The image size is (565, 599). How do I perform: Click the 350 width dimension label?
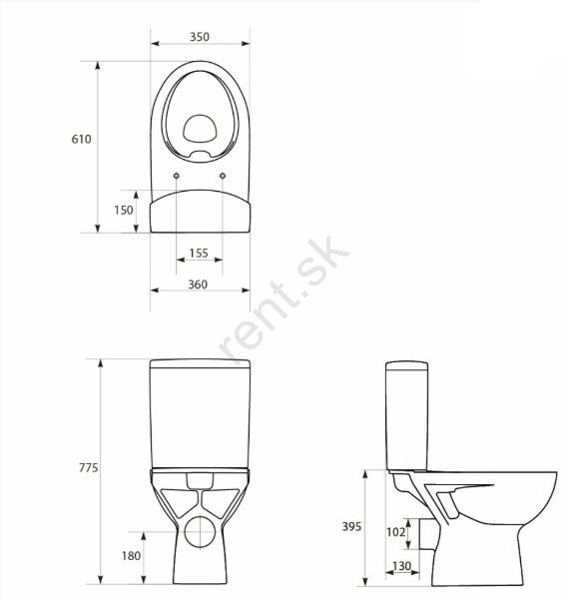tap(200, 37)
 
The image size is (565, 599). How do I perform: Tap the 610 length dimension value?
tap(82, 139)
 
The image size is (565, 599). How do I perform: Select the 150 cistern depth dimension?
tap(124, 210)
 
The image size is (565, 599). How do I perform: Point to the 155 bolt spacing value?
tap(199, 253)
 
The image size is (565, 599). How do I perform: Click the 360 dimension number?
tap(198, 285)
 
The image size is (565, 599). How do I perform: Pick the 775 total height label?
tap(89, 467)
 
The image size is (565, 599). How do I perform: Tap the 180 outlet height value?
tap(132, 555)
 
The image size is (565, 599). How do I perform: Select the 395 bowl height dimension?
tap(351, 527)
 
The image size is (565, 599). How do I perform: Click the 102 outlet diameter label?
tap(395, 532)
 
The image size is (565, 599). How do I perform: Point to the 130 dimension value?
tap(401, 566)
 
